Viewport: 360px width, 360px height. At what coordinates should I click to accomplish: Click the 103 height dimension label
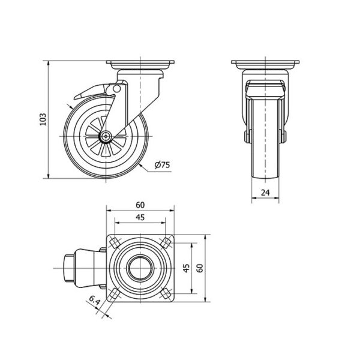pos(43,119)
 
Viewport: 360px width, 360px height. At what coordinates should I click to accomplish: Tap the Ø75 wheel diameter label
pos(163,165)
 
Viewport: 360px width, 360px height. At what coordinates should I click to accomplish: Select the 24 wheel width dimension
pos(265,193)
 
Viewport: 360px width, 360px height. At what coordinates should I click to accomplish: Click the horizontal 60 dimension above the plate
pos(140,205)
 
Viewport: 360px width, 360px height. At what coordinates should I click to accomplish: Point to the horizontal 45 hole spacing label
pos(140,217)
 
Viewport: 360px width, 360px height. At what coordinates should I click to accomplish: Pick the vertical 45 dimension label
pos(187,268)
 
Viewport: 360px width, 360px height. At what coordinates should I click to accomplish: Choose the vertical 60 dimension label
pos(200,268)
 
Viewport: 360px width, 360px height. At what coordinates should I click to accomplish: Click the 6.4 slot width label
pos(94,301)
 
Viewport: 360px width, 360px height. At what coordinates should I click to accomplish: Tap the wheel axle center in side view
pos(106,136)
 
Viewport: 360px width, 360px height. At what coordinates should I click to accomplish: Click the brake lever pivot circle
pos(116,88)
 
